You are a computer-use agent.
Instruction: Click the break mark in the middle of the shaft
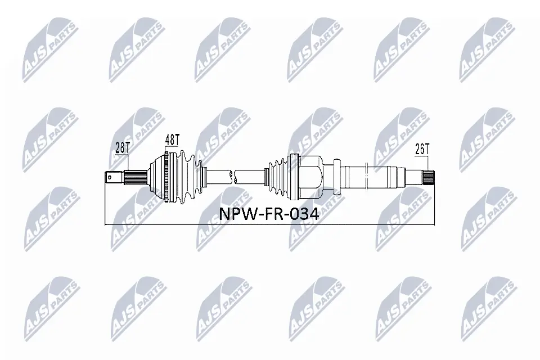(x=235, y=176)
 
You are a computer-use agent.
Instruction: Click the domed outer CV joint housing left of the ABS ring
(x=155, y=176)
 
